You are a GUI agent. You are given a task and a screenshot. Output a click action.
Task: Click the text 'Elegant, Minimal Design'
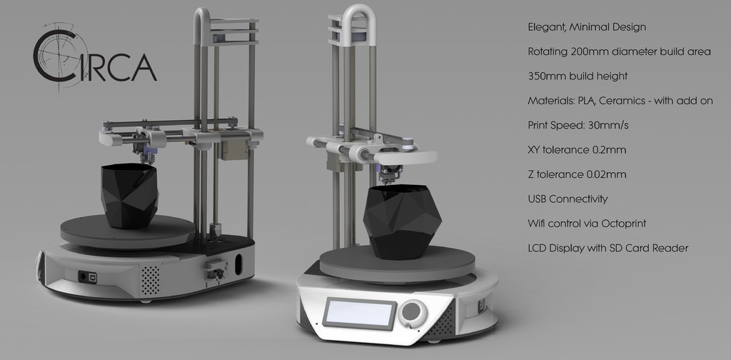[x=586, y=28]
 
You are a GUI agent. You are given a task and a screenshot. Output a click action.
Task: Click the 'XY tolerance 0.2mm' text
[x=576, y=150]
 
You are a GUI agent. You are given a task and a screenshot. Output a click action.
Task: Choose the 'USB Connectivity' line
[x=567, y=199]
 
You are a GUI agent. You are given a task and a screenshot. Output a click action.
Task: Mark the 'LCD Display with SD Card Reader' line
[x=608, y=248]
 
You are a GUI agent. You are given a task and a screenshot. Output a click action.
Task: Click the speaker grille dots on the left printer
[x=149, y=280]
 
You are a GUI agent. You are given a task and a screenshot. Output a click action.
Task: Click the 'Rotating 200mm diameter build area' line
[x=618, y=52]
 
